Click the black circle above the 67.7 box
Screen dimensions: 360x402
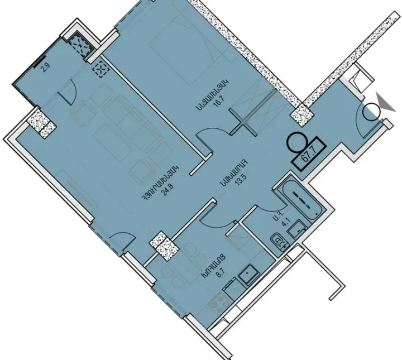[x=295, y=140]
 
